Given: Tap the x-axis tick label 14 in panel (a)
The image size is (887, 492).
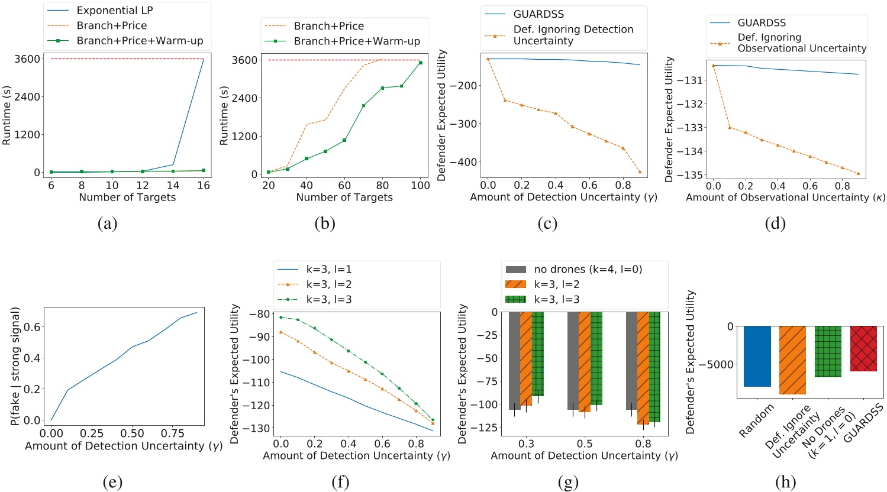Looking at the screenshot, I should pyautogui.click(x=173, y=185).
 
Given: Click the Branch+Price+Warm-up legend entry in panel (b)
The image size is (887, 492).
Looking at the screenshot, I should pyautogui.click(x=356, y=41).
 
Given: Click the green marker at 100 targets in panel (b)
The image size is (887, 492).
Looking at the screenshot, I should pyautogui.click(x=421, y=63).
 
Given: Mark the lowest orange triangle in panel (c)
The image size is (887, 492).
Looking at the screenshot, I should pyautogui.click(x=640, y=171).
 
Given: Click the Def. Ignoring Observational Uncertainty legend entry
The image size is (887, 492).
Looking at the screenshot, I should pyautogui.click(x=801, y=43).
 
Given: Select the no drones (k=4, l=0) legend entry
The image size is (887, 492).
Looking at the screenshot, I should pyautogui.click(x=587, y=270).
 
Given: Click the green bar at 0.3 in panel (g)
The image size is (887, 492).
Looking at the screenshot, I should pyautogui.click(x=537, y=354).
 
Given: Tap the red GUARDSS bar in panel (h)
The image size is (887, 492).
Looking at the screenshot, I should pyautogui.click(x=863, y=348).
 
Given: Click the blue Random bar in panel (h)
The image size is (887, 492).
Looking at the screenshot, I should pyautogui.click(x=757, y=356).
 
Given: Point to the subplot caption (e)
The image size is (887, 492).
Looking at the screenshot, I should pyautogui.click(x=112, y=482).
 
